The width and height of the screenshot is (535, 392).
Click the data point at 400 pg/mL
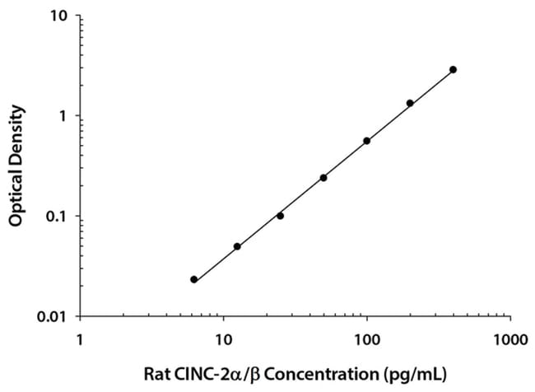tap(453, 70)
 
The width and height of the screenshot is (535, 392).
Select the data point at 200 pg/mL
tap(410, 103)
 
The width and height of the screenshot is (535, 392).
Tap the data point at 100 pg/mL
tap(366, 141)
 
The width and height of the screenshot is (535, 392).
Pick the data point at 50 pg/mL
tap(323, 177)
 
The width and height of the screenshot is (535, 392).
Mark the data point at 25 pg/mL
tap(281, 216)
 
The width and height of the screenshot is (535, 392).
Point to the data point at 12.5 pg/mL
tap(237, 246)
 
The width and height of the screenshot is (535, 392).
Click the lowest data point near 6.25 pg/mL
tap(193, 279)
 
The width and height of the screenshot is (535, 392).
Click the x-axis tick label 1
tap(80, 338)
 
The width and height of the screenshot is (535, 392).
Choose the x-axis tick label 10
tap(223, 338)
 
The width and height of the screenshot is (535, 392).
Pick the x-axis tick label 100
tap(366, 338)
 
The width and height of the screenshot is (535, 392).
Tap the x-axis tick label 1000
tap(509, 338)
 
